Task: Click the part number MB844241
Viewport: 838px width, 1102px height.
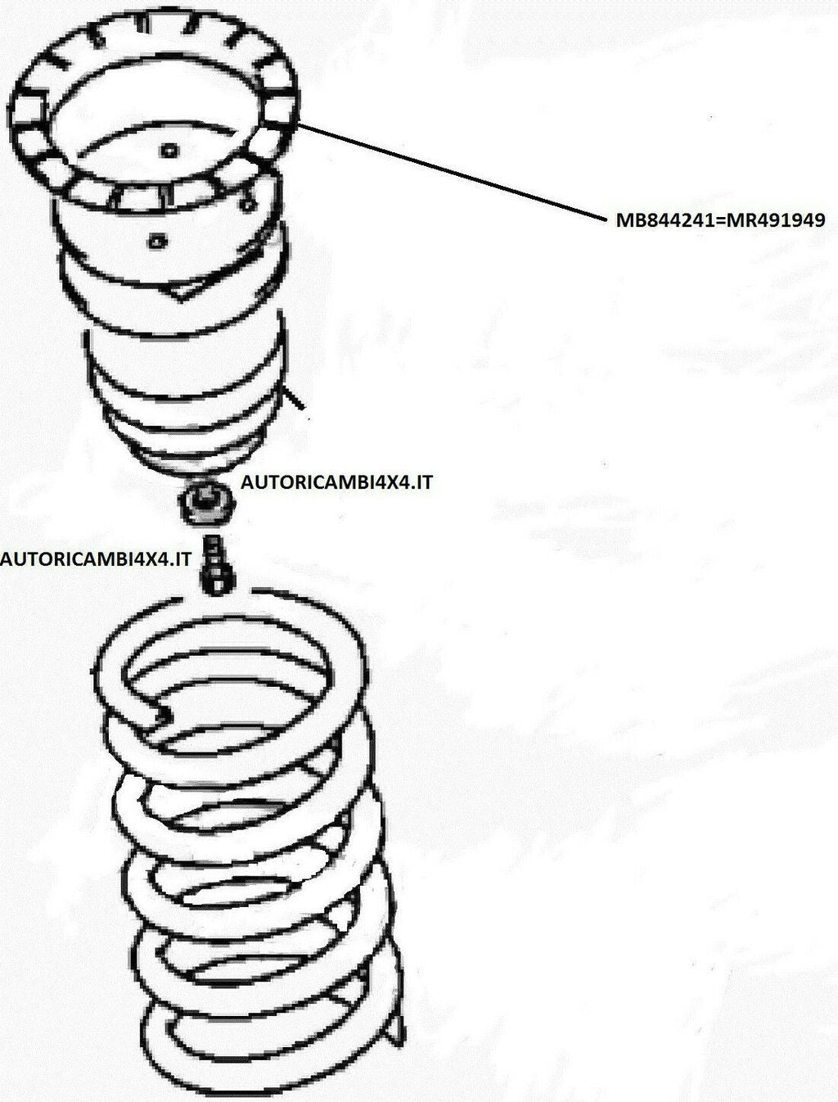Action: [x=663, y=220]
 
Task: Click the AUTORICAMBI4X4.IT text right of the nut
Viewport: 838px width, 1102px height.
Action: [x=336, y=482]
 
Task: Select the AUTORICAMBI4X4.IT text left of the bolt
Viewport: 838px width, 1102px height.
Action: [x=96, y=559]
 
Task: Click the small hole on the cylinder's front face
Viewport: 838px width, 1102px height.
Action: [x=157, y=242]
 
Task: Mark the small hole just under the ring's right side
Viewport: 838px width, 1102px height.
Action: [x=247, y=205]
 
